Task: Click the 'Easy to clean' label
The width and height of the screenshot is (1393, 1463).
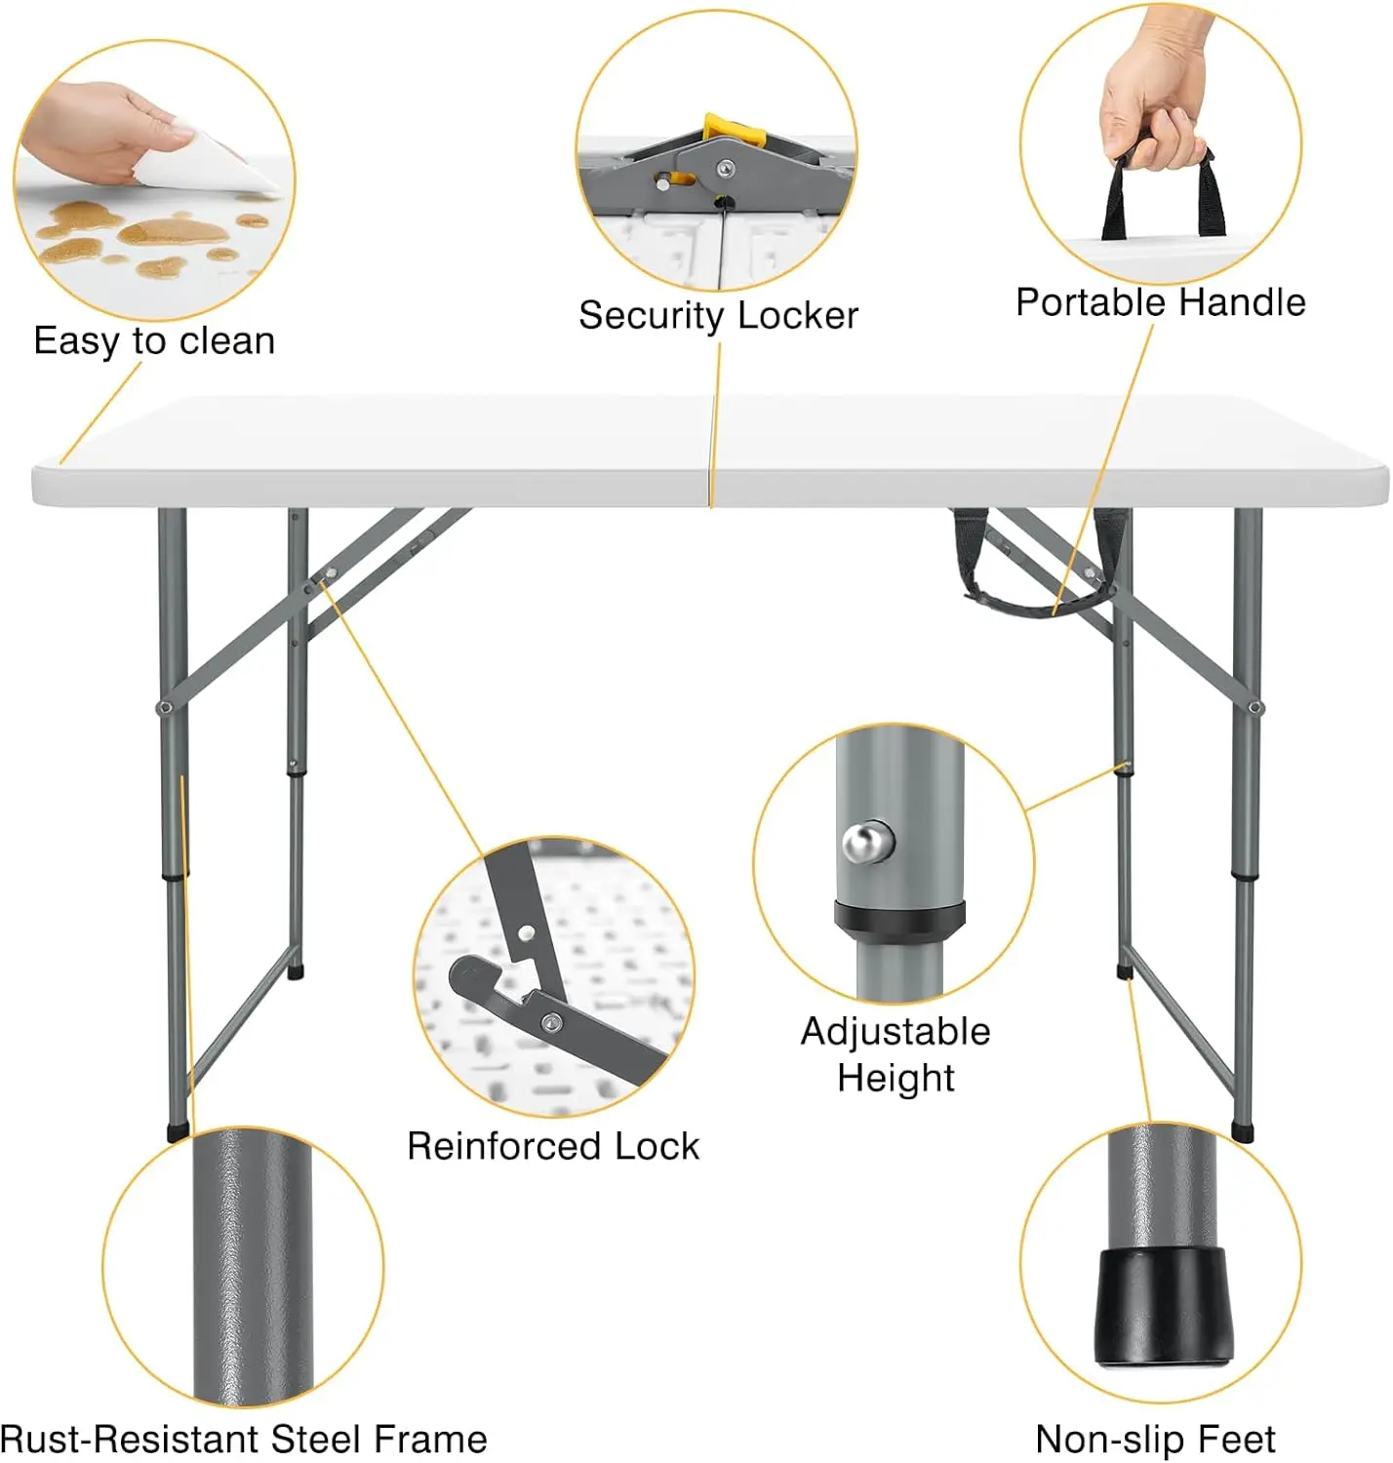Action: (154, 341)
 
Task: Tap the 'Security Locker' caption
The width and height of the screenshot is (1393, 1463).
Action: (718, 315)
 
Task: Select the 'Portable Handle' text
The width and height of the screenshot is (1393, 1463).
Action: (1160, 302)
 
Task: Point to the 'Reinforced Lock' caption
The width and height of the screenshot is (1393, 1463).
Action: (553, 1146)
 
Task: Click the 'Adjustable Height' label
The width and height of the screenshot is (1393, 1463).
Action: (895, 1054)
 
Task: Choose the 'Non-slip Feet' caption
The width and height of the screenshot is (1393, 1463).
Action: (1155, 1440)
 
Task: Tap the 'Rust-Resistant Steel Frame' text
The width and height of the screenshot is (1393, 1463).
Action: (244, 1440)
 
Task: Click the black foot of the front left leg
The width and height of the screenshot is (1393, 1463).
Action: (178, 1131)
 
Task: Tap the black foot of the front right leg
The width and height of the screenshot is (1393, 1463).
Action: (1242, 1132)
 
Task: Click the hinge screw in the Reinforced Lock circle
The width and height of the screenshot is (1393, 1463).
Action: (551, 1021)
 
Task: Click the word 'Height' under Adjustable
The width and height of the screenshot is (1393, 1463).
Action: (895, 1079)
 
